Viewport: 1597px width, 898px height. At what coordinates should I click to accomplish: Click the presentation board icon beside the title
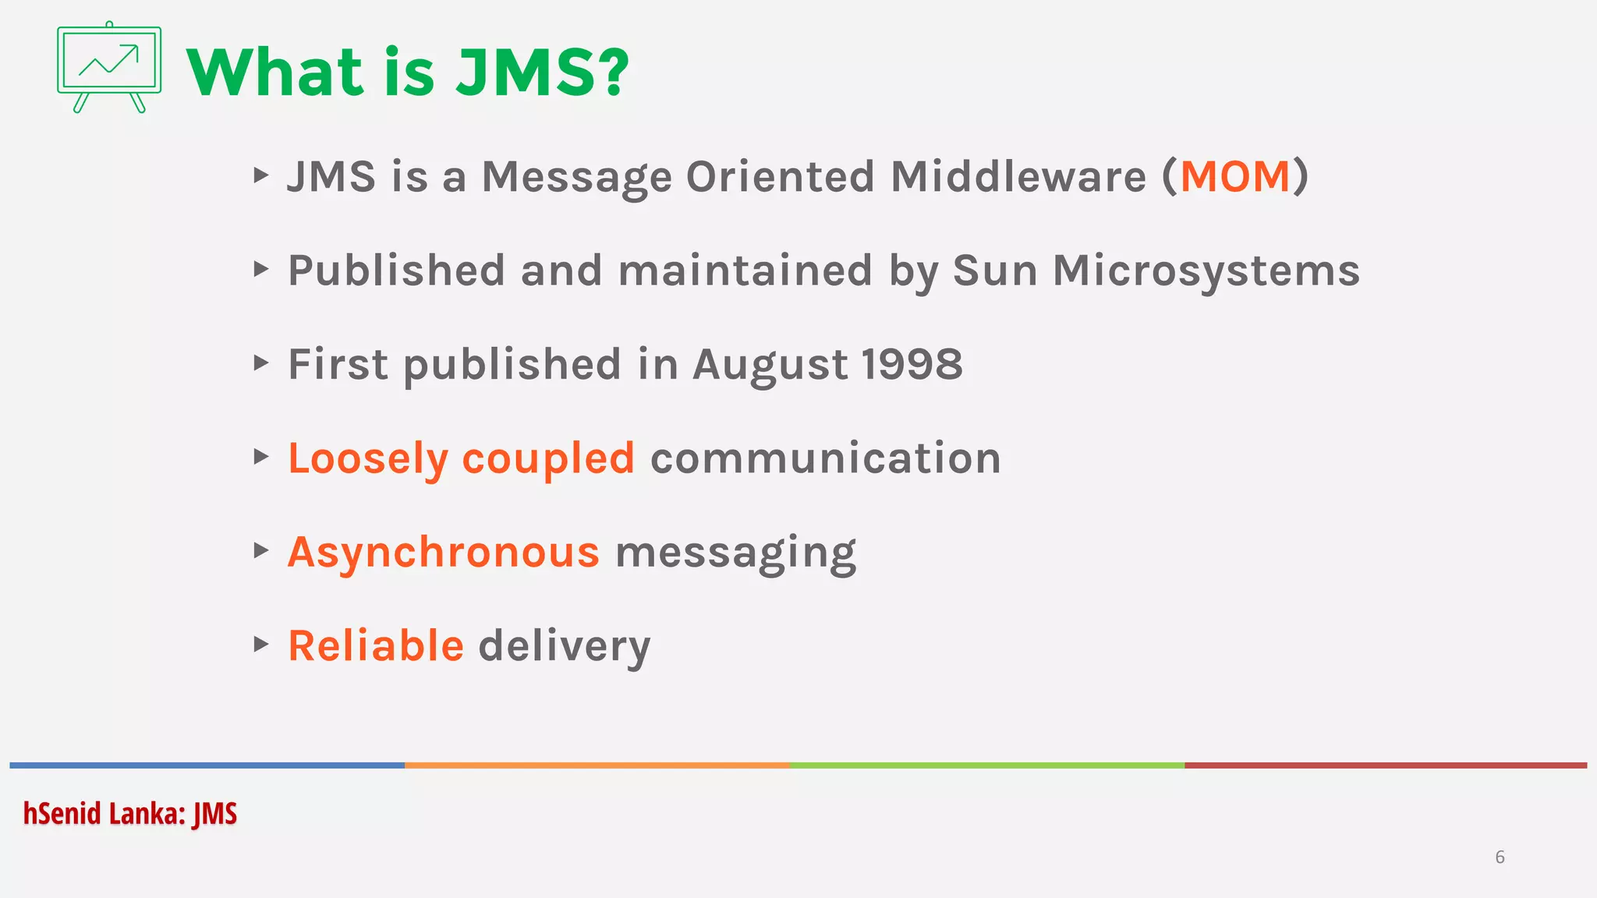point(109,67)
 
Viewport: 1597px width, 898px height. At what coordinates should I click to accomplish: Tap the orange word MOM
point(1235,176)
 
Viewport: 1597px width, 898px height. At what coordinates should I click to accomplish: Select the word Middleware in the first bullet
point(1018,176)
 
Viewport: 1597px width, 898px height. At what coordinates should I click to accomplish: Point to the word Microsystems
point(1206,270)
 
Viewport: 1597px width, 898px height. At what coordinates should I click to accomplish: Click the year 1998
point(912,364)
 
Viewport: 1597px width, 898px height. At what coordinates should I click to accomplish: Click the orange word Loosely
point(367,458)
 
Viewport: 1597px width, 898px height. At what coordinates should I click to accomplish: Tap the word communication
point(826,458)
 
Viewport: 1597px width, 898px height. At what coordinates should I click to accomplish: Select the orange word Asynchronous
point(444,553)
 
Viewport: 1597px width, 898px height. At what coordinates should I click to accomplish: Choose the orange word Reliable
point(376,645)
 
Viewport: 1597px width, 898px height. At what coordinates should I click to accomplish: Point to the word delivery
point(564,647)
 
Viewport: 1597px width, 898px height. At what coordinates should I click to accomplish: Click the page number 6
point(1500,857)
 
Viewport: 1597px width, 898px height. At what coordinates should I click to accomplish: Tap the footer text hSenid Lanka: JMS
point(129,814)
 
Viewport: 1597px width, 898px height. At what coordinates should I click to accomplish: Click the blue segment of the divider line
point(207,765)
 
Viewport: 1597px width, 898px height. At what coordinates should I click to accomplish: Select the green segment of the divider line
point(986,765)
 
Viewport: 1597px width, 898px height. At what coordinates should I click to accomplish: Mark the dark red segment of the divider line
point(1385,765)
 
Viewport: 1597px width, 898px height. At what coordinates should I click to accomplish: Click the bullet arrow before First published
point(261,362)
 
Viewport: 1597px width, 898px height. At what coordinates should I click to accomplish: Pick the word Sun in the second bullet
point(994,270)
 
